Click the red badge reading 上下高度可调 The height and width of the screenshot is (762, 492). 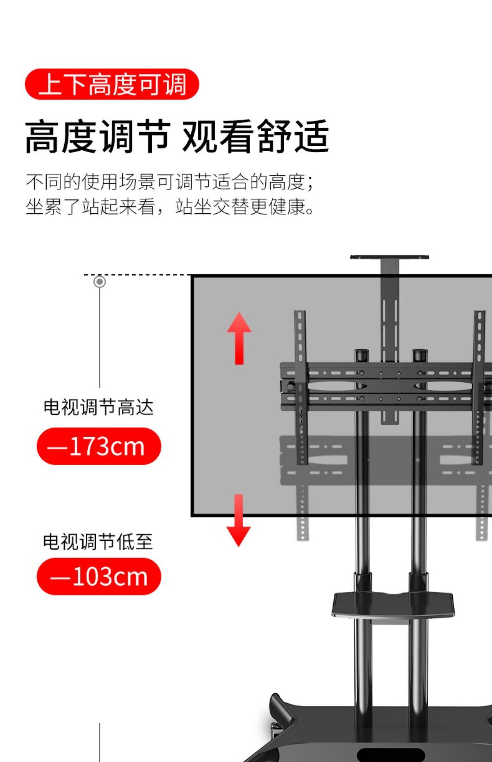click(112, 84)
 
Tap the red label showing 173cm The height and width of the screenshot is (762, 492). click(99, 446)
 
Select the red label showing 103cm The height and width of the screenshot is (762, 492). click(99, 577)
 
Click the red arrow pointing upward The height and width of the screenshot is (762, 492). click(239, 338)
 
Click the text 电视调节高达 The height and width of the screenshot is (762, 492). click(99, 407)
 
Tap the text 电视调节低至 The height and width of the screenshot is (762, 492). click(98, 541)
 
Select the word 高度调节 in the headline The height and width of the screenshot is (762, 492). click(98, 136)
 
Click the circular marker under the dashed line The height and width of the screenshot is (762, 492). click(100, 282)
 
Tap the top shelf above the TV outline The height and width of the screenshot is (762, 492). click(389, 257)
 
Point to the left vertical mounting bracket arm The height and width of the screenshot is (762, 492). click(300, 387)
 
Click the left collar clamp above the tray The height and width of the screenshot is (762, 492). click(363, 582)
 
